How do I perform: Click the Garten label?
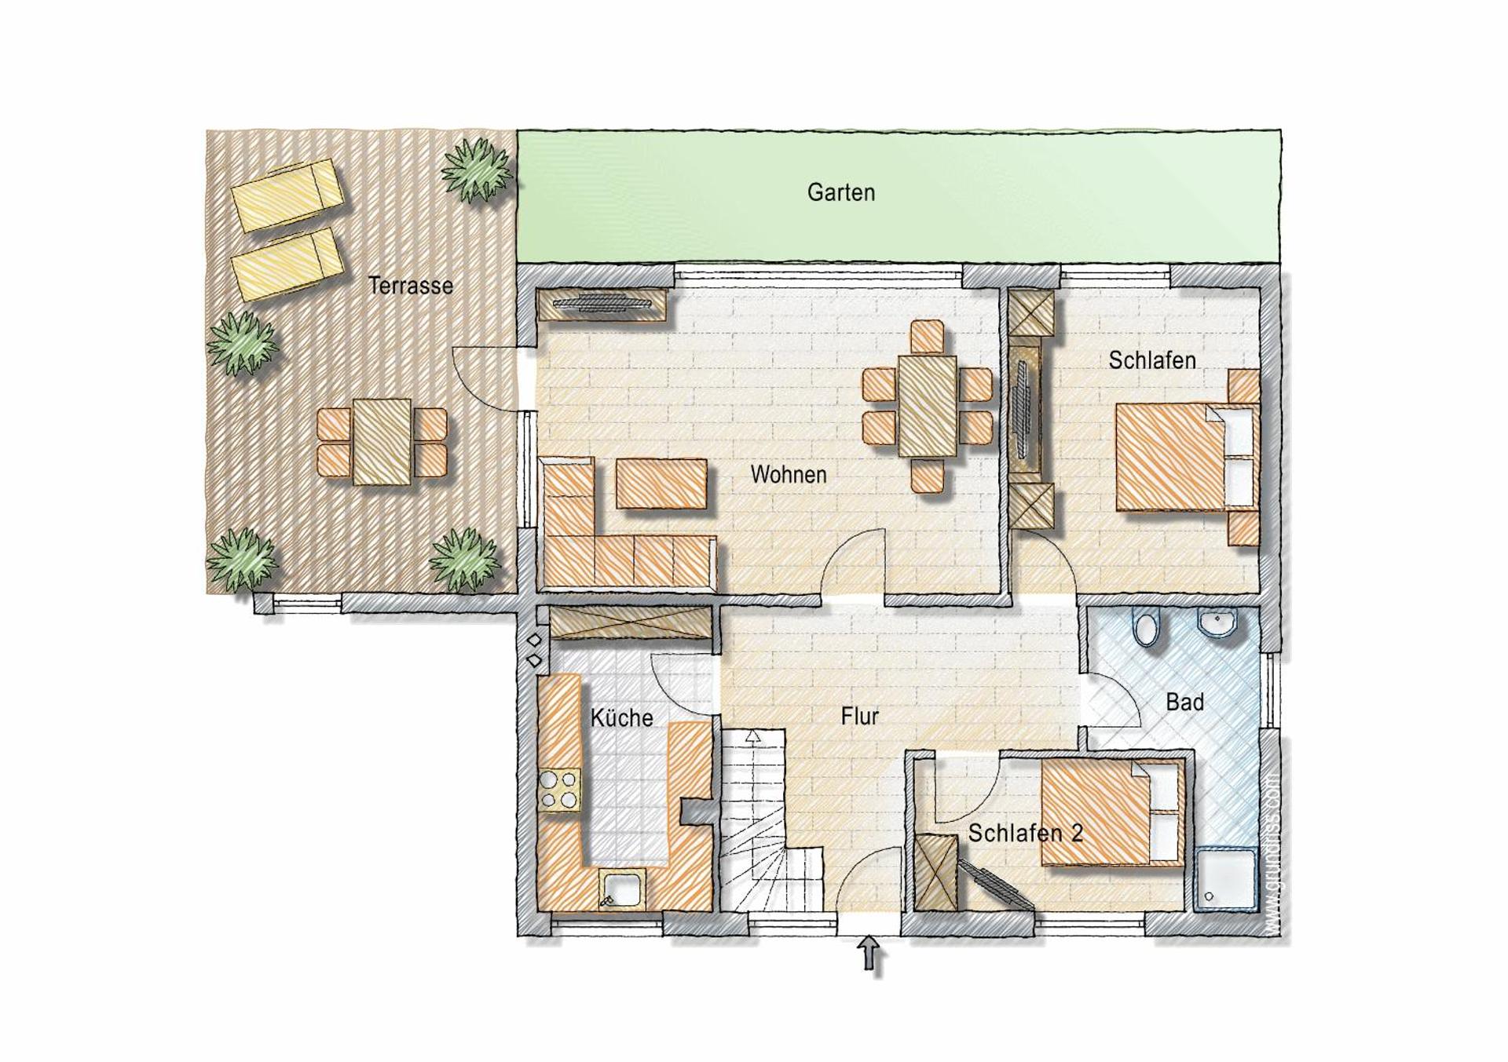(840, 192)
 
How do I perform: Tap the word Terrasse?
(410, 285)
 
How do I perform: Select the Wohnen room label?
(788, 474)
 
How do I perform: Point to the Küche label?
(621, 717)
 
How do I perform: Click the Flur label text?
(859, 716)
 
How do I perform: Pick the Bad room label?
(1184, 702)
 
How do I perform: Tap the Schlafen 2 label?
(1025, 833)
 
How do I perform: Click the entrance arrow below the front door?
(869, 953)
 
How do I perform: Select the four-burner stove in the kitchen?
(559, 790)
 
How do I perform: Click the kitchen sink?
(623, 890)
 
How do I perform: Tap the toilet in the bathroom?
(1146, 628)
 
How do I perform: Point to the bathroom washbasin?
(1217, 622)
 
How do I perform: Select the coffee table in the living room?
(661, 484)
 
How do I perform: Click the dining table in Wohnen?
(928, 406)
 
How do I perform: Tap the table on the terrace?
(382, 441)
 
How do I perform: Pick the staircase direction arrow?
(752, 736)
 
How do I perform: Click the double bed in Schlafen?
(1170, 457)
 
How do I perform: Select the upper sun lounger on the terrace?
(287, 195)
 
